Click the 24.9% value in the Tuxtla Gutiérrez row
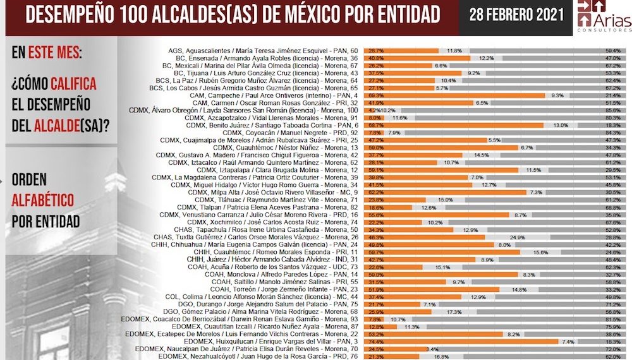(518, 237)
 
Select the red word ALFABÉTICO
(42, 201)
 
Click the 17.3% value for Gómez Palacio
(454, 312)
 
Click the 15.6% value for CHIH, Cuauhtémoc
(540, 253)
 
